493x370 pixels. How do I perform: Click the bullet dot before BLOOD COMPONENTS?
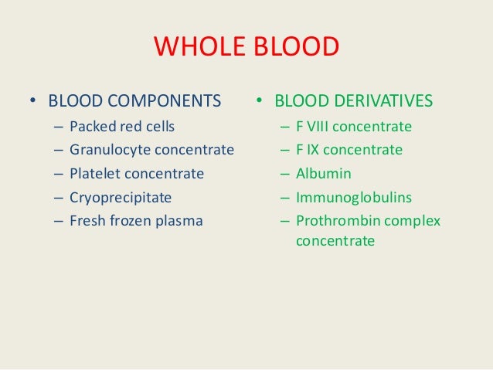point(32,102)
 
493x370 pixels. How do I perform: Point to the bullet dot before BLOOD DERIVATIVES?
point(260,102)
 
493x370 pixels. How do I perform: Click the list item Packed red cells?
point(122,125)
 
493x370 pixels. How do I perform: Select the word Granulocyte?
point(107,149)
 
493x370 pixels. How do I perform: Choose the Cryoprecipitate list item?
point(121,197)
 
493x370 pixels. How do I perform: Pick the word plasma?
point(180,222)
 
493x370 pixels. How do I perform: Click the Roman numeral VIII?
point(320,126)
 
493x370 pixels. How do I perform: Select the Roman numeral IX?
point(314,150)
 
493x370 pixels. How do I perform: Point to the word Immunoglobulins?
point(346,198)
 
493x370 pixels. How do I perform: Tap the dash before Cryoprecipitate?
point(59,197)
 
